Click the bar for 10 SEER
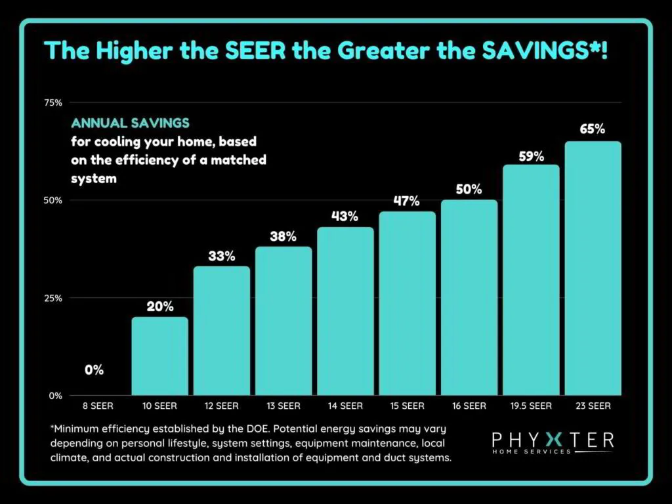tap(159, 356)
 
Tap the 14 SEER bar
tap(345, 311)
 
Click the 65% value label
tap(592, 129)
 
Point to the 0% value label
tap(94, 370)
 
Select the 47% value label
tap(406, 201)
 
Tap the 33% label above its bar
tap(221, 256)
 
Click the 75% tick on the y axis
tap(53, 102)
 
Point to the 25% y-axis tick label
tap(53, 298)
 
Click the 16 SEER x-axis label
tap(469, 406)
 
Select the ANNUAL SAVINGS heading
tap(130, 123)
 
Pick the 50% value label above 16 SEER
tap(469, 189)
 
